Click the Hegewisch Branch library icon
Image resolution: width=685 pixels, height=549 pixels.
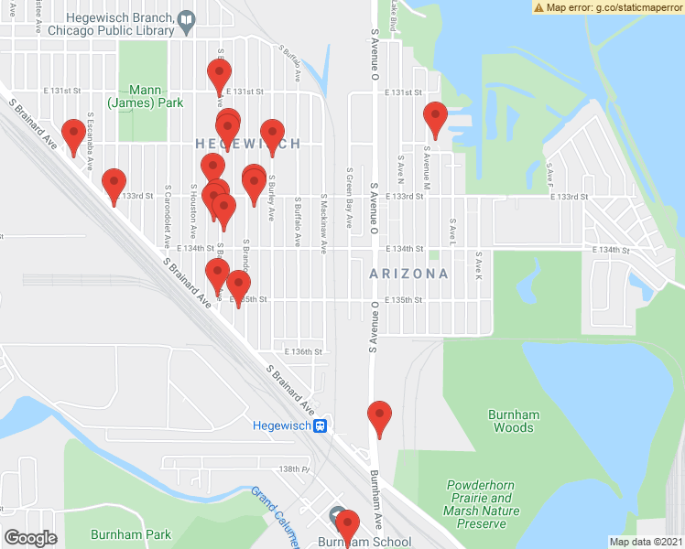(x=187, y=18)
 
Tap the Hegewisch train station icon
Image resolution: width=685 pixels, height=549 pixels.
(x=321, y=425)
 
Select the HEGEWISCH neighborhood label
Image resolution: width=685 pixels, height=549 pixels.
(x=247, y=144)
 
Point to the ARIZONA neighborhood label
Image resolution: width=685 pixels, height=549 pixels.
(x=408, y=274)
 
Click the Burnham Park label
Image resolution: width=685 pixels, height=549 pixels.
(x=131, y=534)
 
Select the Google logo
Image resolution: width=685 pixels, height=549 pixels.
(x=30, y=538)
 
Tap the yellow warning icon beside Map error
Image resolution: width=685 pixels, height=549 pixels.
(x=539, y=6)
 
